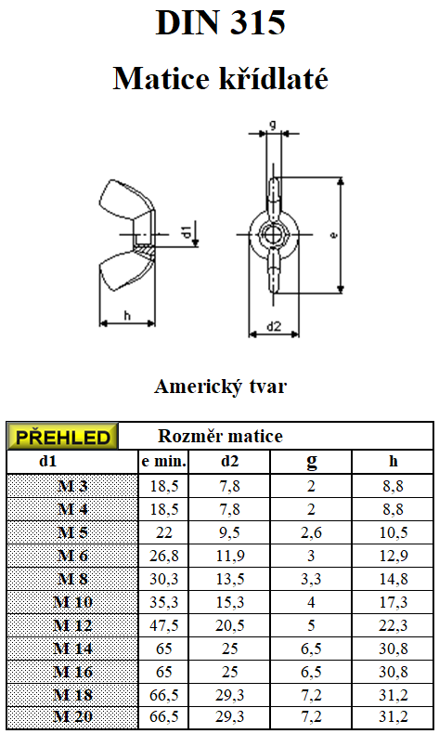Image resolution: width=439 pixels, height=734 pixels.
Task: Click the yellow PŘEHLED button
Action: [x=62, y=437]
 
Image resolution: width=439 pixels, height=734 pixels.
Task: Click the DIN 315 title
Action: [x=220, y=22]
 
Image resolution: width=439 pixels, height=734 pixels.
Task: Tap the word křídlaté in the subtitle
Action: [x=274, y=78]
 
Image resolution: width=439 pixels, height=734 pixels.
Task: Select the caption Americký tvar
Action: [x=220, y=387]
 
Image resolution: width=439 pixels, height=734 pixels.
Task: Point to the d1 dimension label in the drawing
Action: [x=186, y=231]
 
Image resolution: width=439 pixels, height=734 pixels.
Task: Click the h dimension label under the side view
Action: [x=127, y=316]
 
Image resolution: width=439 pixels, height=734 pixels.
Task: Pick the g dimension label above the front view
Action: [x=273, y=125]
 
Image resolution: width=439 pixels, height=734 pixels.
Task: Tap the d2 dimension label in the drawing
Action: [x=274, y=326]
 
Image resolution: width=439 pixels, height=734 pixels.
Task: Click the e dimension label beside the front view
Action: [x=333, y=235]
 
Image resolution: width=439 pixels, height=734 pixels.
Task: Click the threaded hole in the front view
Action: [x=274, y=233]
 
